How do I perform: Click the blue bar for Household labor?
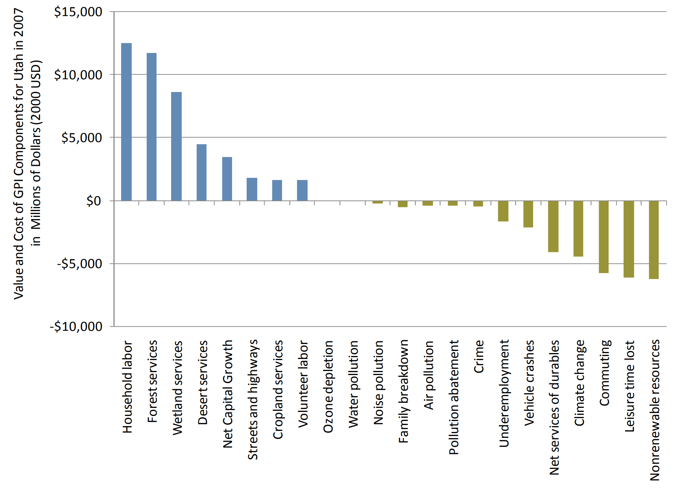point(126,122)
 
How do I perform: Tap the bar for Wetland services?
point(176,146)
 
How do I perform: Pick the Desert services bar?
point(201,172)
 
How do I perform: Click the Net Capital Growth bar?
point(227,179)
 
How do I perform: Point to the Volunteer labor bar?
point(302,190)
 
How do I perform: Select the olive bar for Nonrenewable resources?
point(653,240)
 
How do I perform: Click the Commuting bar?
point(603,237)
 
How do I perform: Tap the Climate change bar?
point(578,229)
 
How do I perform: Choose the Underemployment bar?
point(503,211)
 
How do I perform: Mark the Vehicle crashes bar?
point(528,214)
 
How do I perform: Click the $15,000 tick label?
point(78,12)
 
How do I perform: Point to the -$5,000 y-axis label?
point(80,264)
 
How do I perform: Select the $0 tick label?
point(93,201)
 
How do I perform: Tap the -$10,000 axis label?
point(76,326)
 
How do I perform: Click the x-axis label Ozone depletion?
point(328,387)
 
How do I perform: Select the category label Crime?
point(478,356)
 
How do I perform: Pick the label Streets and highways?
point(252,399)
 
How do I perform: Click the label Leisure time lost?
point(629,386)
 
